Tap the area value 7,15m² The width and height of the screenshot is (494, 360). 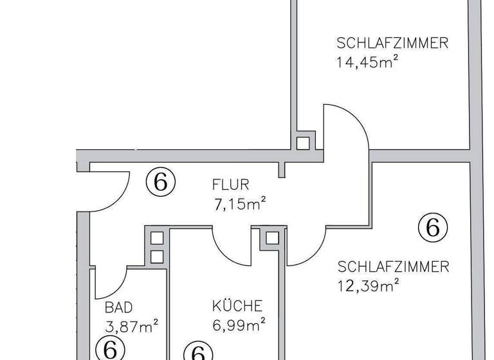[240, 205]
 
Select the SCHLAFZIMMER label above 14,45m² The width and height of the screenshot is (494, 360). [392, 44]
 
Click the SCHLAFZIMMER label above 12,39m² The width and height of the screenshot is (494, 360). [393, 267]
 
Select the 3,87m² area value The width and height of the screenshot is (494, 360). [131, 327]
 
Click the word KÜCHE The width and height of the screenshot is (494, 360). [237, 306]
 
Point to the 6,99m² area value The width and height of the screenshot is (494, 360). [239, 325]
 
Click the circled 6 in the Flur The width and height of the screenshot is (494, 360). [161, 183]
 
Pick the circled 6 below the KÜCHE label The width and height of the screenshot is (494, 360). [198, 352]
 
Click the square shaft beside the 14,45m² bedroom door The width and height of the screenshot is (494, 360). [302, 142]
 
